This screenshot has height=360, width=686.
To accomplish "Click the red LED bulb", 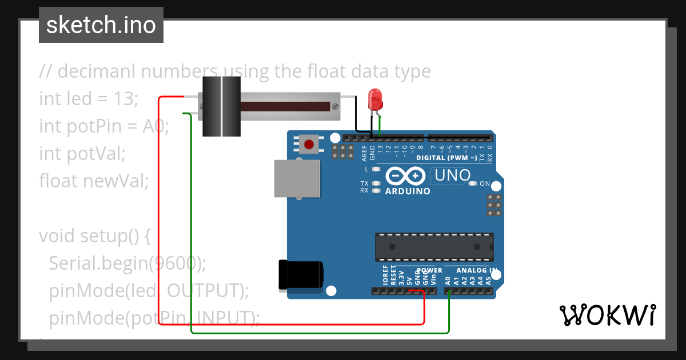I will coord(375,99).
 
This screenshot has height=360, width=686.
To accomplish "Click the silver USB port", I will coord(297,178).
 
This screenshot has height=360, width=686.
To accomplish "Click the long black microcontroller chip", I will coord(434,247).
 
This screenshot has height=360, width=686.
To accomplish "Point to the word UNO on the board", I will coord(453,175).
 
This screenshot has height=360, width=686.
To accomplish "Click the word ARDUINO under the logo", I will coord(408,191).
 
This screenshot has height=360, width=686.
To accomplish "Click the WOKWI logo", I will coord(607,315).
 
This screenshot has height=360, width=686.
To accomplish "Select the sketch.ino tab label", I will coord(101,25).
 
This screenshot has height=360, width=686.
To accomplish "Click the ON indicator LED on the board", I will coord(473,183).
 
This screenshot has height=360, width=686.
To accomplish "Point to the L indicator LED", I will coord(376,169).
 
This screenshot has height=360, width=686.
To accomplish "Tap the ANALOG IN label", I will coord(476,270).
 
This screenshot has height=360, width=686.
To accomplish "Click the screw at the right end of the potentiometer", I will coord(336,106).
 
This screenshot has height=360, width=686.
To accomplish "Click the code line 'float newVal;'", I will coord(94,181).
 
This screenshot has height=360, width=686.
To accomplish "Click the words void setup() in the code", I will coord(87,235).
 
